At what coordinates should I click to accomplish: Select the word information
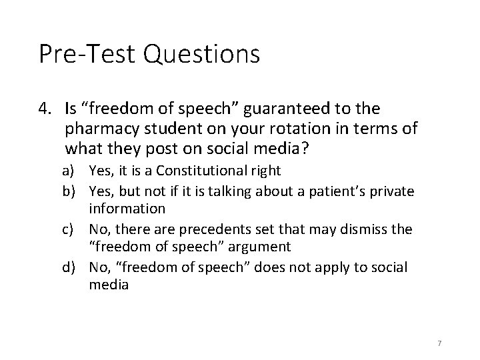tap(127, 208)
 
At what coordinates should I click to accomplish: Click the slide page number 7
tap(440, 343)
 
